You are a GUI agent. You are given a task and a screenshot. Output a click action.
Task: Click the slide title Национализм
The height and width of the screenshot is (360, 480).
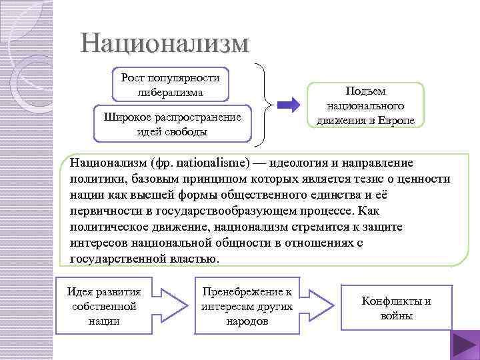point(164,43)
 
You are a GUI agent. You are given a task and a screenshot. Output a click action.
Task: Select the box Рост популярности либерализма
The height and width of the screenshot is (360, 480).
point(171,85)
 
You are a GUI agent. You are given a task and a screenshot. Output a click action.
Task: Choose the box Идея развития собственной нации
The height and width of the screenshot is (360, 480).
point(103,306)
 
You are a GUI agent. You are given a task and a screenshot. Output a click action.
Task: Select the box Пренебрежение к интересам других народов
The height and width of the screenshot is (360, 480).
point(247,306)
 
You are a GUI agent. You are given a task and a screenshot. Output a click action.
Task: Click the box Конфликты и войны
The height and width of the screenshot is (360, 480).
point(396,308)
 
